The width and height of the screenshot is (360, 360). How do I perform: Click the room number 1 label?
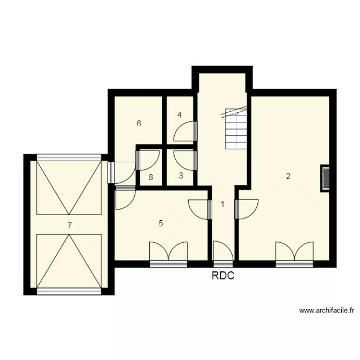click(x=222, y=204)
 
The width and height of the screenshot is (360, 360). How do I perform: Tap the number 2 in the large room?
click(x=288, y=176)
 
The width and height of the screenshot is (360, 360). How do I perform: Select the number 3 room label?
click(x=181, y=176)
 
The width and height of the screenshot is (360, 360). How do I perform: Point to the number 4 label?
click(x=180, y=115)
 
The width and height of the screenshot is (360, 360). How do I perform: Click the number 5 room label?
click(x=161, y=223)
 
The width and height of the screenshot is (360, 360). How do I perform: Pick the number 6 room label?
click(x=139, y=123)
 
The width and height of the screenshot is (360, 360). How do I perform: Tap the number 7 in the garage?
click(x=70, y=225)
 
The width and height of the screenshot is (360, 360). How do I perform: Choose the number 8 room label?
click(x=151, y=177)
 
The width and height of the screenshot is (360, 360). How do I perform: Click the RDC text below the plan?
click(x=223, y=276)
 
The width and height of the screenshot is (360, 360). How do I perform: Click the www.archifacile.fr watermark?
click(x=326, y=311)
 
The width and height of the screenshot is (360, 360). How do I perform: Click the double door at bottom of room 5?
click(x=168, y=253)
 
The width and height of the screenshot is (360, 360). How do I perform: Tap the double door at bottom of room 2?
click(x=294, y=253)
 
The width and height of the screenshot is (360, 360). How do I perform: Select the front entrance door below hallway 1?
click(x=223, y=253)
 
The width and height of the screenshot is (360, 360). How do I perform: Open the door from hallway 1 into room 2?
click(x=246, y=209)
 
